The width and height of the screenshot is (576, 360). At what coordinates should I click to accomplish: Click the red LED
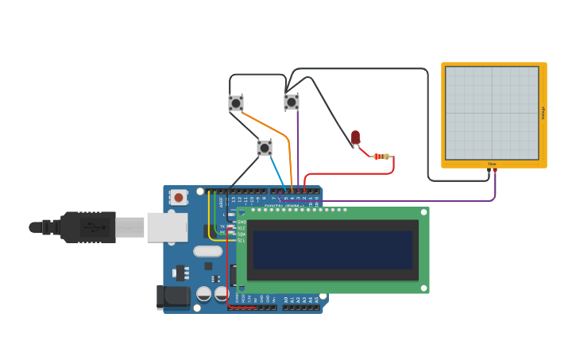[x=355, y=138]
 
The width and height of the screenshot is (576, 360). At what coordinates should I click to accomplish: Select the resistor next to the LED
[x=382, y=157]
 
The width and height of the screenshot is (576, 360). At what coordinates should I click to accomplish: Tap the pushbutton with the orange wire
[x=236, y=103]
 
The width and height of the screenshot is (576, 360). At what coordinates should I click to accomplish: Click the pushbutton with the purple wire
[x=292, y=102]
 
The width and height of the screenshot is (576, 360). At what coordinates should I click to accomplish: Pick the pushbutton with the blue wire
[x=265, y=148]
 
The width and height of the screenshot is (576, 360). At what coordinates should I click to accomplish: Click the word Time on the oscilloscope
[x=492, y=164]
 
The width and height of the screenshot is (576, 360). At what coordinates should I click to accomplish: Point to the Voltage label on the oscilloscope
[x=543, y=113]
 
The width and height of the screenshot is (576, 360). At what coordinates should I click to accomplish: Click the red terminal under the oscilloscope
[x=495, y=170]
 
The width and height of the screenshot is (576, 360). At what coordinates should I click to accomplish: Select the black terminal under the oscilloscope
[x=489, y=170]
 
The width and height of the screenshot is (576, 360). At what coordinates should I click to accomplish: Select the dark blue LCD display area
[x=332, y=250]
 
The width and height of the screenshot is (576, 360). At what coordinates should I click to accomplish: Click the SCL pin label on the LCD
[x=242, y=240]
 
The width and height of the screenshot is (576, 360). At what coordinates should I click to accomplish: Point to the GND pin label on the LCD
[x=242, y=222]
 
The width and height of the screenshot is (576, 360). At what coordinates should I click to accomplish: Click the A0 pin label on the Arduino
[x=286, y=300]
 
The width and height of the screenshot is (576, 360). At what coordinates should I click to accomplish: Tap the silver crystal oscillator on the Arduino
[x=207, y=252]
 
